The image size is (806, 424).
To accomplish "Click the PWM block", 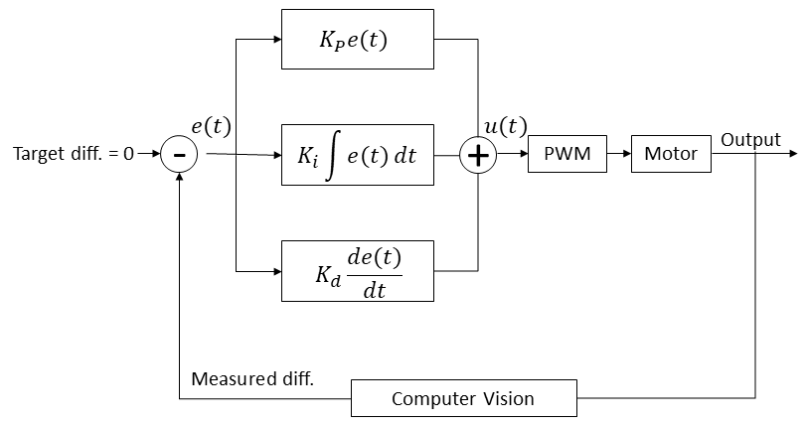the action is click(566, 154).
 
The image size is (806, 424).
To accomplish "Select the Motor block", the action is click(671, 154).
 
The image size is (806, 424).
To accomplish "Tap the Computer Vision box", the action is click(464, 398).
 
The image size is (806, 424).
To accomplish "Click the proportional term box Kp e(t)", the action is click(357, 39).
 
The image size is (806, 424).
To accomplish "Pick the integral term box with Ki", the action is click(357, 155).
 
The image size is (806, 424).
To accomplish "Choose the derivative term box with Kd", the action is click(357, 270).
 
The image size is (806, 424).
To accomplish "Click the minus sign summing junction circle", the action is click(179, 154).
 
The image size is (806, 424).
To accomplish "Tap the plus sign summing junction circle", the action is click(478, 154).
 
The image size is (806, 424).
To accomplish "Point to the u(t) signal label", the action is click(505, 126).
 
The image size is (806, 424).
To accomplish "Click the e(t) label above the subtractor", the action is click(212, 126).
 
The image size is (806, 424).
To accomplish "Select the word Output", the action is click(750, 140).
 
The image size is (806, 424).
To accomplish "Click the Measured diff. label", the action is click(252, 379).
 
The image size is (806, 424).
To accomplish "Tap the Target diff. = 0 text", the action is click(73, 154).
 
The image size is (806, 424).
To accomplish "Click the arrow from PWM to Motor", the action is click(619, 154).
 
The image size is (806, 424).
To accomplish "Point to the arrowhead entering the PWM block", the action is click(524, 154).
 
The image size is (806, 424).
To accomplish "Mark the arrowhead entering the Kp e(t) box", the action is click(277, 39).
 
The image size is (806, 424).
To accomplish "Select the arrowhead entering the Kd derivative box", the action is click(277, 271).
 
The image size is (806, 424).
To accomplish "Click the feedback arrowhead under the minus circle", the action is click(179, 177).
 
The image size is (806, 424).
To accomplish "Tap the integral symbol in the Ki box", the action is click(333, 155).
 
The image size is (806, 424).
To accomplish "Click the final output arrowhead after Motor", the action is click(793, 154).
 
